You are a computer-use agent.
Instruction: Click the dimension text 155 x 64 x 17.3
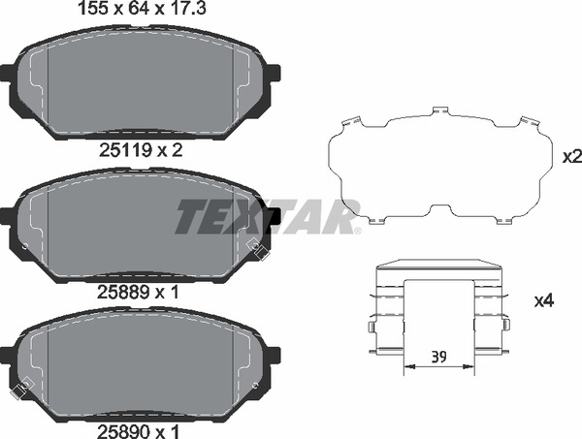tap(145, 11)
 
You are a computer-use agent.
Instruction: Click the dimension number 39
tap(439, 356)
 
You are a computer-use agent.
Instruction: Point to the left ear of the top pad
tap(7, 74)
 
